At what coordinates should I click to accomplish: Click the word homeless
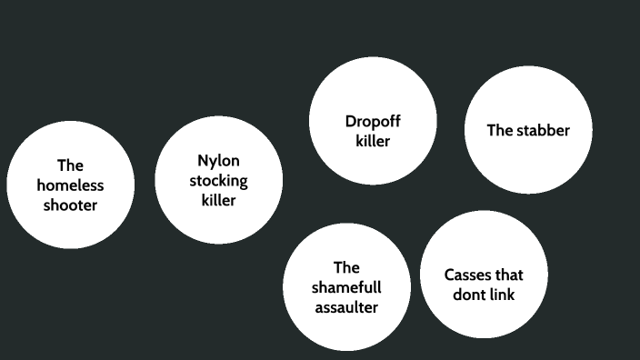pos(70,185)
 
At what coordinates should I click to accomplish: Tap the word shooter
pos(70,205)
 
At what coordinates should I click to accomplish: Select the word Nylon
pos(218,160)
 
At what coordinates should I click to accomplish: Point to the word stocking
pos(218,180)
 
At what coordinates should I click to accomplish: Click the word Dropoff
pos(373,122)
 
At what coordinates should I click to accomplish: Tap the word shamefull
pos(346,287)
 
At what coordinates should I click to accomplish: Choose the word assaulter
pos(346,307)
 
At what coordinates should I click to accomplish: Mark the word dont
pos(468,295)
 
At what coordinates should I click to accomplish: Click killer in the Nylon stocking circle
pos(218,200)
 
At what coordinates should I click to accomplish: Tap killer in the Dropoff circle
pos(373,142)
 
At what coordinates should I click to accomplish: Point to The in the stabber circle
pos(500,130)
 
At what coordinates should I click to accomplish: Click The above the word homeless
pos(70,165)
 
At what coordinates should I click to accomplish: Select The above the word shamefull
pos(346,267)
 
